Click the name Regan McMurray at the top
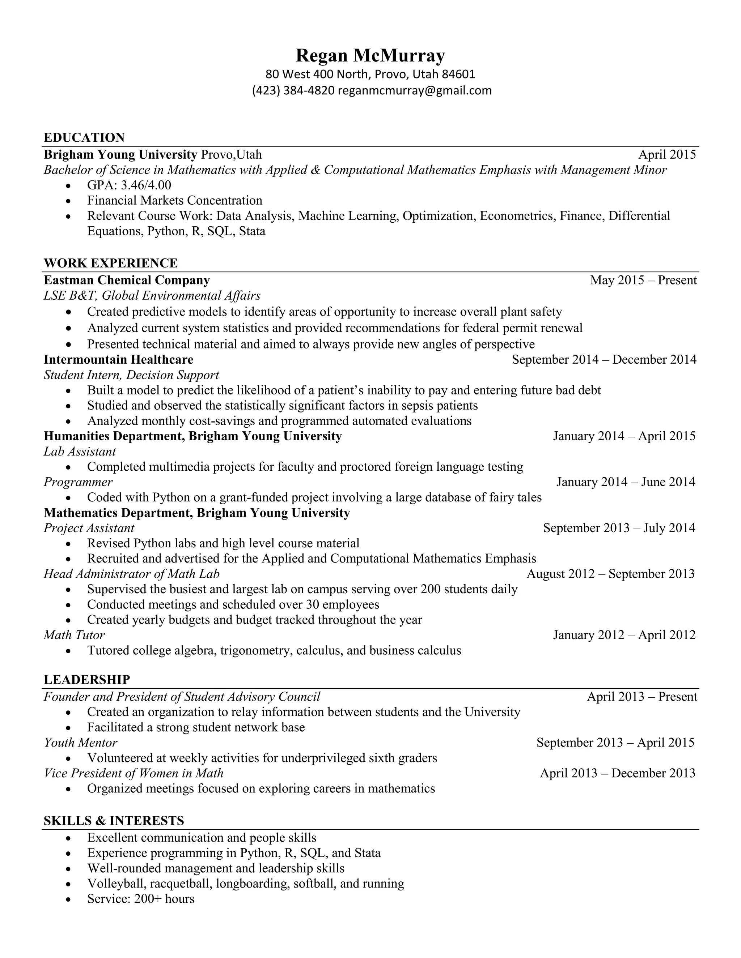(x=370, y=56)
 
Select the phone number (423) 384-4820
(x=293, y=90)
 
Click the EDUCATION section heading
(x=84, y=137)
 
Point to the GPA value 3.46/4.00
(x=146, y=185)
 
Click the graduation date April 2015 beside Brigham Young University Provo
(x=667, y=154)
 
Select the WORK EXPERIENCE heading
(x=111, y=263)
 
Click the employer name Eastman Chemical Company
(x=127, y=280)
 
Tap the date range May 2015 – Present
(x=643, y=280)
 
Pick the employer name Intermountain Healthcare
(x=119, y=359)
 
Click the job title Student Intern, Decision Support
(x=131, y=375)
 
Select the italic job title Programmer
(x=78, y=482)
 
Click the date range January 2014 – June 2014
(x=626, y=482)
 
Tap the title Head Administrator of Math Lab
(x=131, y=574)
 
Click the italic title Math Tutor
(x=74, y=635)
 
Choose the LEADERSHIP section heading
(x=87, y=680)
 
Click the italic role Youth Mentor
(x=80, y=743)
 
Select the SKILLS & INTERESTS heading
(x=114, y=821)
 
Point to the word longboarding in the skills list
(x=252, y=884)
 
